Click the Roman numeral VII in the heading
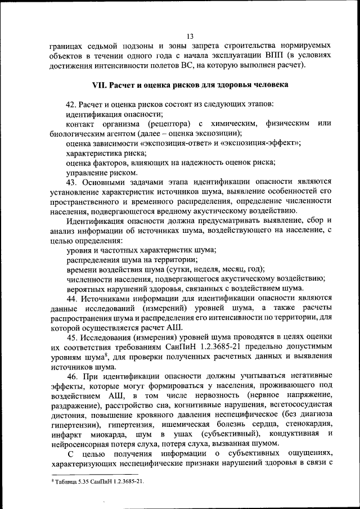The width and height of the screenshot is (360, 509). click(x=101, y=85)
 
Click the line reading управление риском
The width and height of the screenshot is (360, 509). click(x=101, y=172)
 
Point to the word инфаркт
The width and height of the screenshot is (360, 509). click(x=65, y=435)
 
